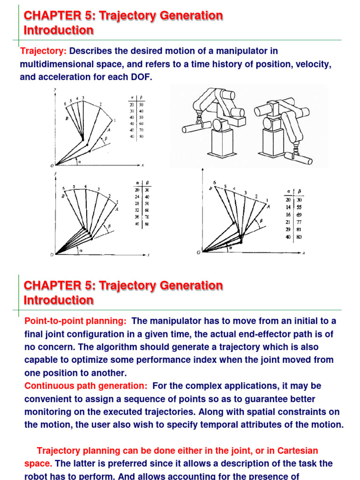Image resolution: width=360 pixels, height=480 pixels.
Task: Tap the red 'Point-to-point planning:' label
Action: tap(75, 321)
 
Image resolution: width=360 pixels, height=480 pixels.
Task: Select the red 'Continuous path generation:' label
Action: tap(86, 386)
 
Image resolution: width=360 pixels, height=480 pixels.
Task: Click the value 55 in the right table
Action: tap(299, 207)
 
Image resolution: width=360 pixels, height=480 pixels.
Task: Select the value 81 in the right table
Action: tap(299, 229)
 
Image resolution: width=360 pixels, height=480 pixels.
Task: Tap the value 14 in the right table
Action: tap(287, 207)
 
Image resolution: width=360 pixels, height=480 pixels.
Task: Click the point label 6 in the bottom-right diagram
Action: tap(215, 182)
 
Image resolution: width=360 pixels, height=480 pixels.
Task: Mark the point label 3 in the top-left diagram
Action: tap(83, 97)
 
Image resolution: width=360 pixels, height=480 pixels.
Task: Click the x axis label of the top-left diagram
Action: tap(142, 165)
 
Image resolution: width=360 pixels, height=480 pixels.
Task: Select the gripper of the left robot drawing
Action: tap(199, 123)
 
